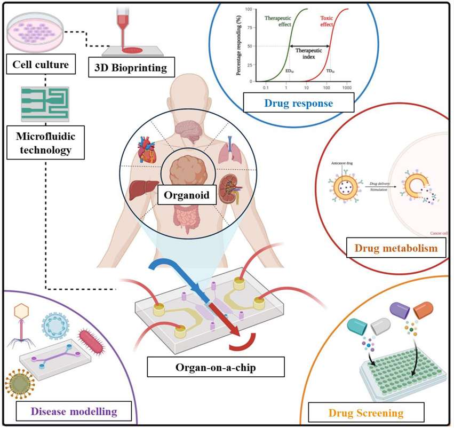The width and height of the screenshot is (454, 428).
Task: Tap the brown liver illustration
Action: (x=143, y=189)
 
